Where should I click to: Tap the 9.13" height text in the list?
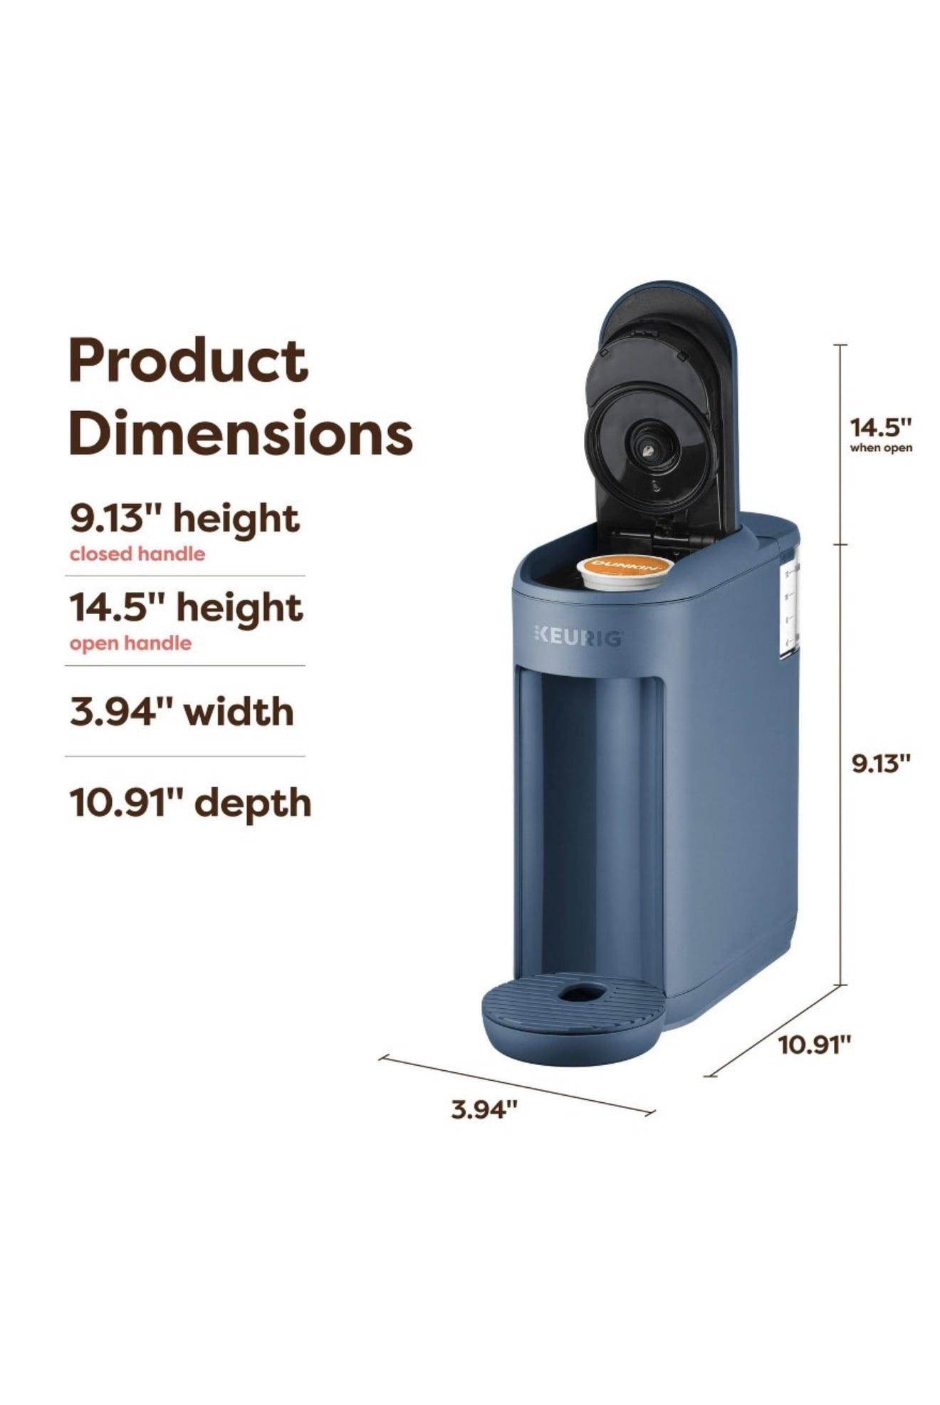point(184,518)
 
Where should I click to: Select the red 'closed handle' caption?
point(137,554)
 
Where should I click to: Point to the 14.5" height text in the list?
point(186,608)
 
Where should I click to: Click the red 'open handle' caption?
point(130,643)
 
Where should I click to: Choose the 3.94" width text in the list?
point(182,712)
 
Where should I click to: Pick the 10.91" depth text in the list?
point(190,803)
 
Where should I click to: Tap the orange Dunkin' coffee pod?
point(625,571)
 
